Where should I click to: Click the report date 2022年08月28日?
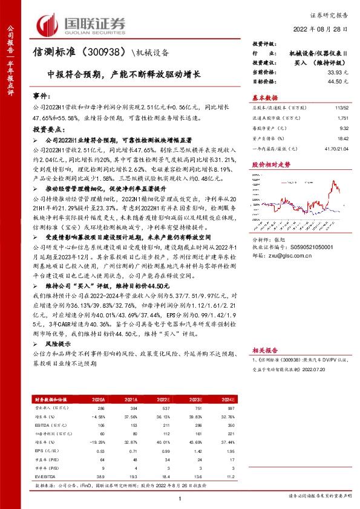(x=327, y=29)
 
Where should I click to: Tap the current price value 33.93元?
(x=336, y=72)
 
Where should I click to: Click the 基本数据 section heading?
(x=264, y=97)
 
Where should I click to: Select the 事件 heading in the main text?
(x=41, y=96)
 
